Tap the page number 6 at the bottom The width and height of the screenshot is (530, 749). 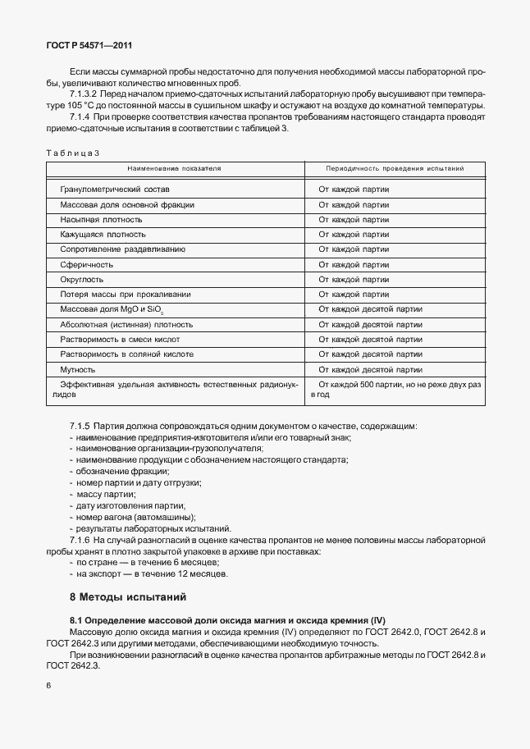[49, 685]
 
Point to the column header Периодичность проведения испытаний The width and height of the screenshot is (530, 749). [395, 168]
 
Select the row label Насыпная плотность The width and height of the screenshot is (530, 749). [101, 219]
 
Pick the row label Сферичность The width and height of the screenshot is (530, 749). [86, 264]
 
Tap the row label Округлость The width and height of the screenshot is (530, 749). [82, 279]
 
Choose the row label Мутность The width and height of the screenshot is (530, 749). [78, 369]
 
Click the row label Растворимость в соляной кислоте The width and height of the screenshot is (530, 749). [126, 354]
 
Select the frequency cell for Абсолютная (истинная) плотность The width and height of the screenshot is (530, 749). [370, 324]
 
